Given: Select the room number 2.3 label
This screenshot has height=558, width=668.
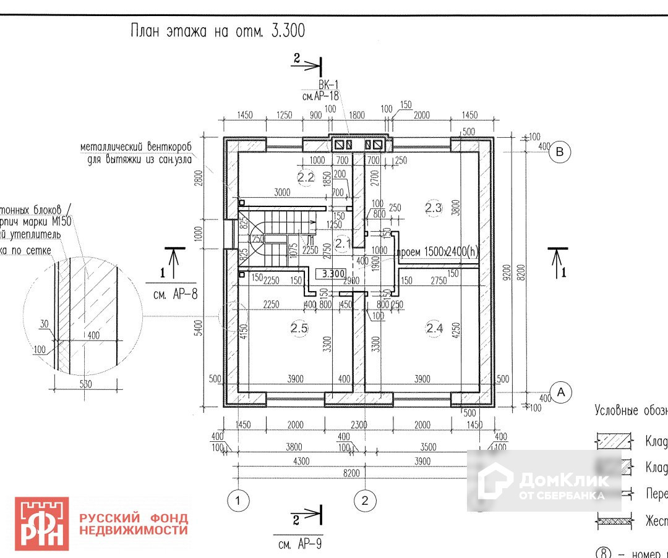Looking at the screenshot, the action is tap(434, 208).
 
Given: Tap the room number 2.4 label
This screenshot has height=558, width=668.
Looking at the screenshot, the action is tap(435, 328).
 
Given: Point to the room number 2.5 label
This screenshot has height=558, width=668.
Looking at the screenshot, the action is tap(299, 328).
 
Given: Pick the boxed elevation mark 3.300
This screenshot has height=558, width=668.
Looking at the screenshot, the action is tap(330, 273).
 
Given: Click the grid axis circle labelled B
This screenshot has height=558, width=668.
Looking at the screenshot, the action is tap(560, 151).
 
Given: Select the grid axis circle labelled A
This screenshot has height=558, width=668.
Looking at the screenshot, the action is tap(561, 392).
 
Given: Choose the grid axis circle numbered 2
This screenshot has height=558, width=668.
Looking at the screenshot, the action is tap(365, 500).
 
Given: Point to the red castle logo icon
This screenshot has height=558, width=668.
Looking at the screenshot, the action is tap(42, 523).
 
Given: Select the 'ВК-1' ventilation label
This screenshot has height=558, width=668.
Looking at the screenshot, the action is tap(329, 85).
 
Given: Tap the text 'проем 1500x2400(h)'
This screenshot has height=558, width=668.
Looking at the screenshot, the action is tap(438, 252).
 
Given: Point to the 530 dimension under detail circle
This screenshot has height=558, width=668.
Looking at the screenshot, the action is tap(85, 384).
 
